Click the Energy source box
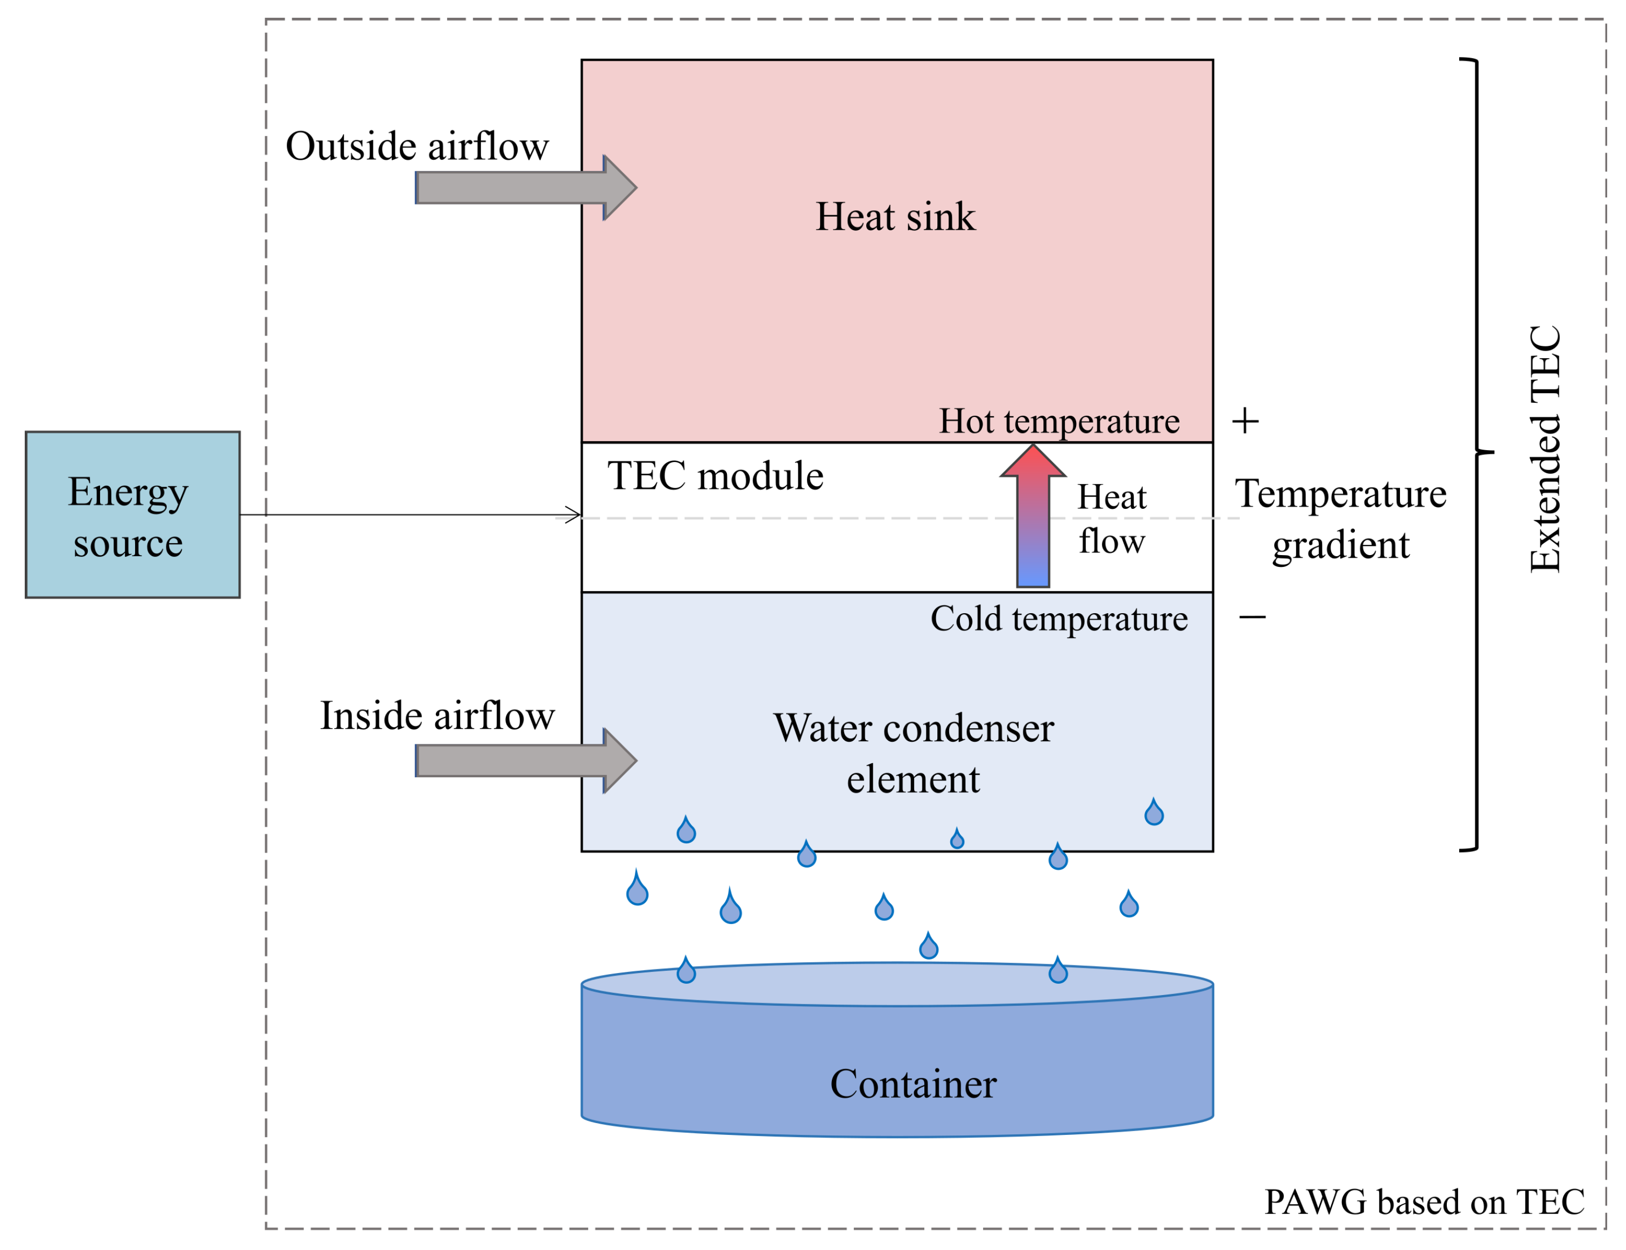tap(132, 514)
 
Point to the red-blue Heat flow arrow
tap(1033, 516)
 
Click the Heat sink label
tap(895, 217)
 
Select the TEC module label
tap(715, 475)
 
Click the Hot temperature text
tap(1059, 422)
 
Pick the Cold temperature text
tap(1059, 619)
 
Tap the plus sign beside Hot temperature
tap(1245, 421)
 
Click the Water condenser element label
tap(914, 753)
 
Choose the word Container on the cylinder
tap(913, 1084)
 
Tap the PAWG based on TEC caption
tap(1424, 1202)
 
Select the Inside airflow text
tap(437, 716)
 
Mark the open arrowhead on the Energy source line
tap(573, 515)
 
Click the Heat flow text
tap(1112, 519)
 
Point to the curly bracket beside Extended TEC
tap(1476, 454)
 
